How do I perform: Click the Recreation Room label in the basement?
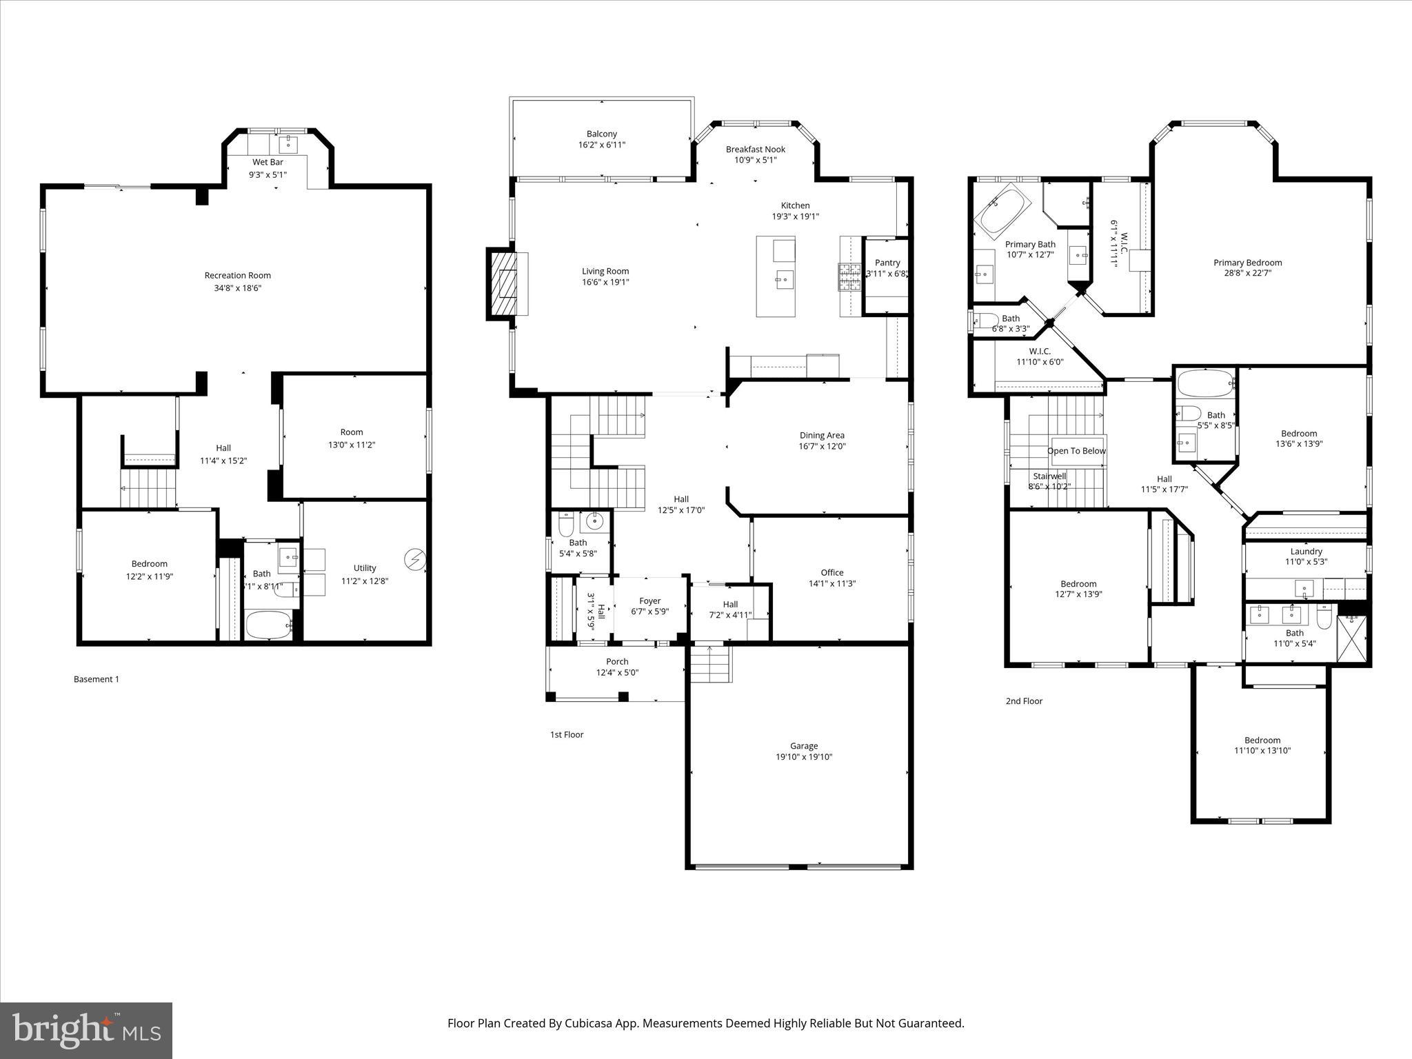click(237, 275)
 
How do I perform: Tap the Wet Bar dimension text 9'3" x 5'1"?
click(268, 174)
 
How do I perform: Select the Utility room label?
click(365, 568)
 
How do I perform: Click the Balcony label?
click(602, 134)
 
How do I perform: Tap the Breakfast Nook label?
click(755, 149)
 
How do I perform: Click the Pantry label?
click(887, 263)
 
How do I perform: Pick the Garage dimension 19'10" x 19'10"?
click(804, 756)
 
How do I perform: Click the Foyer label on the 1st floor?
click(649, 601)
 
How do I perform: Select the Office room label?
click(831, 572)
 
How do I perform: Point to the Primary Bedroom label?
click(1247, 262)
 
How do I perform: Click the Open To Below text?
click(1076, 451)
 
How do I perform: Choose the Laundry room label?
click(1306, 551)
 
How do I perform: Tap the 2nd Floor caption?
click(1024, 701)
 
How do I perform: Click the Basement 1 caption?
click(97, 679)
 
